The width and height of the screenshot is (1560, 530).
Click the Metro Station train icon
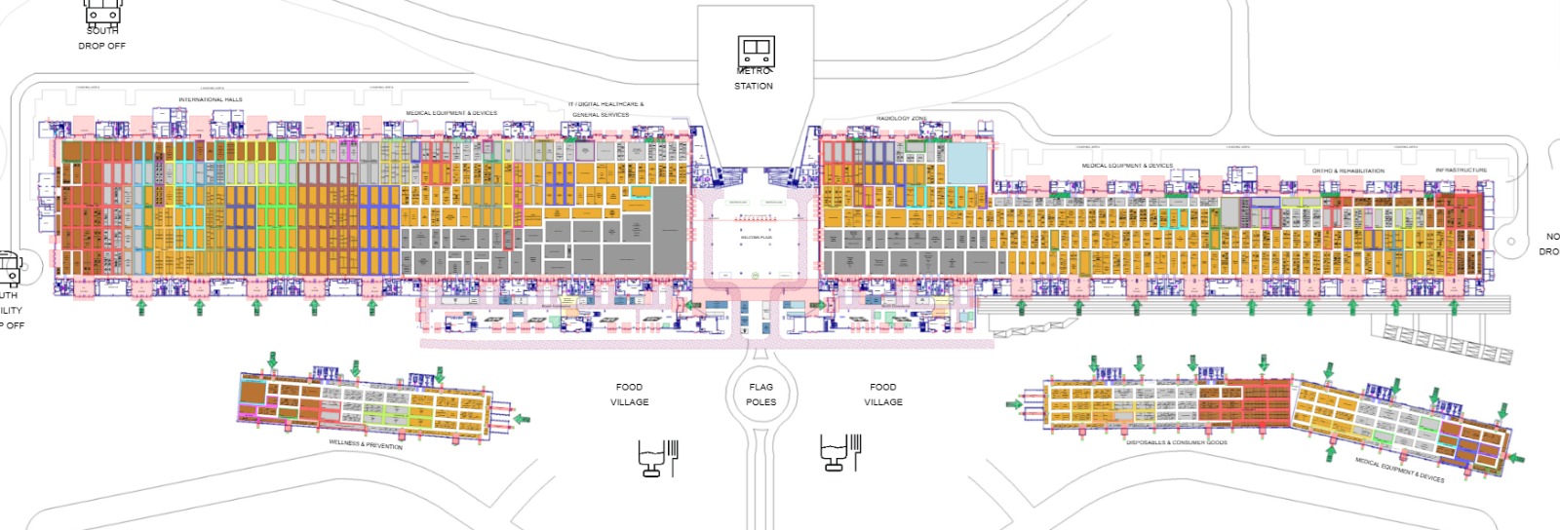pos(755,50)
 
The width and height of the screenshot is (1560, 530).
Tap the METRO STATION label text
pos(754,79)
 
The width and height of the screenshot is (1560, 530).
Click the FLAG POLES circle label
pos(761,395)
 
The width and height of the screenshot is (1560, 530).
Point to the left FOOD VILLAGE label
pos(629,395)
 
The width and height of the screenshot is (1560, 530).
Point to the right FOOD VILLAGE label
pos(882,395)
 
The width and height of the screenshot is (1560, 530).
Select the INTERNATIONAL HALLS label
pos(211,99)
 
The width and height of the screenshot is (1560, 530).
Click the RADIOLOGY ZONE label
pos(901,119)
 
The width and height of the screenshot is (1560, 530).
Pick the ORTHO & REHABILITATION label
pos(1347,171)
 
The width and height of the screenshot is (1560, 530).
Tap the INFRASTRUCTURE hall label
pos(1461,170)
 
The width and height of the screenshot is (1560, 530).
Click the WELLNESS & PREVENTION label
pos(366,444)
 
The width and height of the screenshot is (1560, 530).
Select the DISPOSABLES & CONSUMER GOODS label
pos(1176,442)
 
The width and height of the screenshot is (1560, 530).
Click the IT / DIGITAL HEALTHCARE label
pos(605,104)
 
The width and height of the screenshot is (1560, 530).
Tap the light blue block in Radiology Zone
pos(967,164)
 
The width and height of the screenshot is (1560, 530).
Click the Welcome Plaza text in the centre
pos(757,238)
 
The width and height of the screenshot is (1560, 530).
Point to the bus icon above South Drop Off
pos(102,12)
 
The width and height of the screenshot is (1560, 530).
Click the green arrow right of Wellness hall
pos(523,419)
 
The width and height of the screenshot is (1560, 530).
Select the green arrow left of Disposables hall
pos(1014,403)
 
